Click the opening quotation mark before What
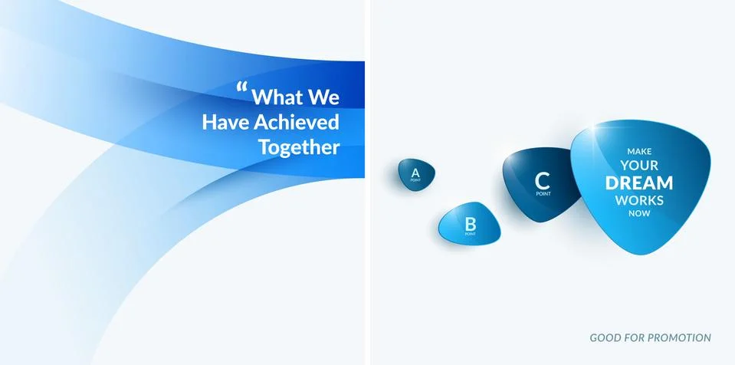[242, 87]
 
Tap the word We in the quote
[323, 97]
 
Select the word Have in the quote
[225, 122]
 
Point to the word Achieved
[297, 122]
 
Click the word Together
[299, 147]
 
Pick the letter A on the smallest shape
[415, 173]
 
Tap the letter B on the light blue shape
[470, 223]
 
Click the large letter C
[543, 181]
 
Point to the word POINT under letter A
[415, 180]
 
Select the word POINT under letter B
[470, 234]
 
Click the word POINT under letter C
[543, 194]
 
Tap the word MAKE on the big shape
[639, 152]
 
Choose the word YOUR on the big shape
[639, 165]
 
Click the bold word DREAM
[639, 183]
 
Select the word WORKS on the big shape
[639, 200]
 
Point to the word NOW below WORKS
[639, 213]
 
